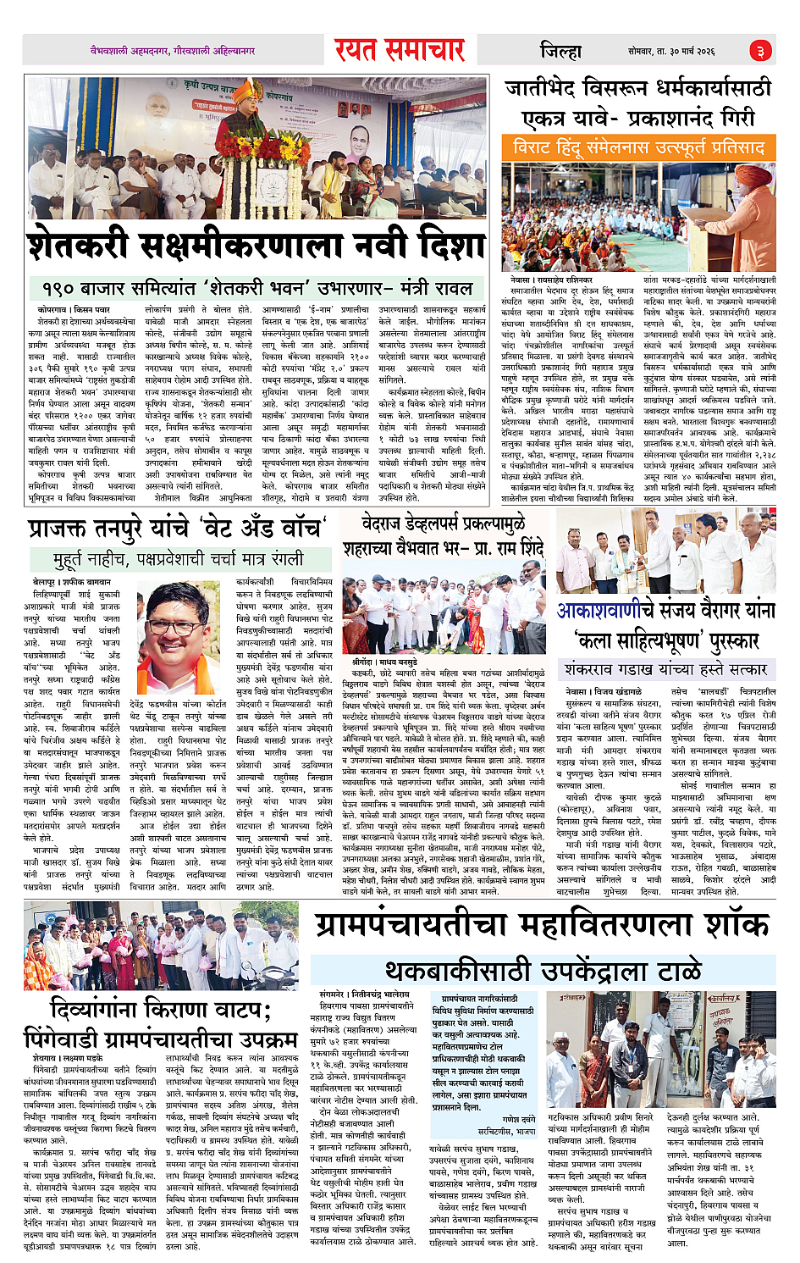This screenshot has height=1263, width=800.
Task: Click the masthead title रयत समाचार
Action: tap(399, 50)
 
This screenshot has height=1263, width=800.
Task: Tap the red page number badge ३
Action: tap(760, 51)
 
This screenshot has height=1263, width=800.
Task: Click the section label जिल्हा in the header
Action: tap(560, 51)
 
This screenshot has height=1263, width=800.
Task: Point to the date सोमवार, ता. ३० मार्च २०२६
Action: tap(671, 52)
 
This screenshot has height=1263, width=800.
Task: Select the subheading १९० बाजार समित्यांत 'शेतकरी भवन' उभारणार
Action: tap(252, 287)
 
